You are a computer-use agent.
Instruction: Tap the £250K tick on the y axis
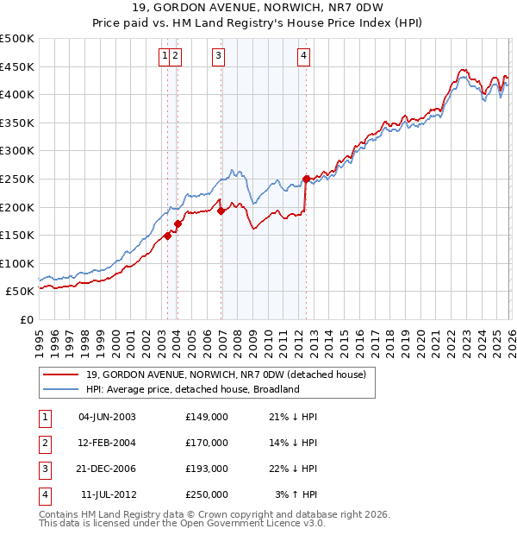click(17, 179)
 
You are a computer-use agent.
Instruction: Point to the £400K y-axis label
click(17, 94)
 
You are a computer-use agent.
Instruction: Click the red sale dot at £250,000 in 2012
click(306, 179)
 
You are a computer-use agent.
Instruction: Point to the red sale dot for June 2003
click(167, 236)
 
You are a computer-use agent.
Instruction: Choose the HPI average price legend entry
click(191, 389)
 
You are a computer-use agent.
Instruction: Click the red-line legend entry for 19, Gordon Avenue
click(226, 374)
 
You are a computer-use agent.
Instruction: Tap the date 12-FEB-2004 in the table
click(108, 443)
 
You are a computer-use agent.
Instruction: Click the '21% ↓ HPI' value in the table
click(293, 417)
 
